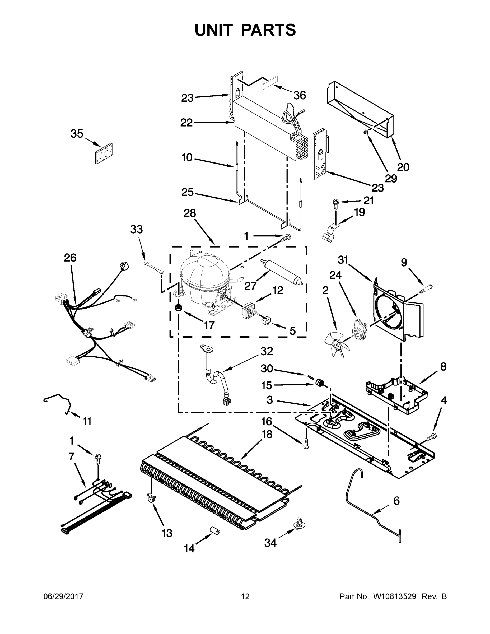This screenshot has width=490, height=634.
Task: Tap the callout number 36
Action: (x=300, y=96)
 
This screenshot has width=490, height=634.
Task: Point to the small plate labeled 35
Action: (x=104, y=153)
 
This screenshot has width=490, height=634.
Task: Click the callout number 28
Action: (x=190, y=213)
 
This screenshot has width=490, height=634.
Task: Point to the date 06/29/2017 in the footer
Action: (x=63, y=596)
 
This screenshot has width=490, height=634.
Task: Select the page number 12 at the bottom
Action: (x=245, y=596)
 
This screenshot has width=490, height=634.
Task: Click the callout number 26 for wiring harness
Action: (x=70, y=258)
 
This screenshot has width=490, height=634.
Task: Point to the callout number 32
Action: (x=267, y=352)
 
